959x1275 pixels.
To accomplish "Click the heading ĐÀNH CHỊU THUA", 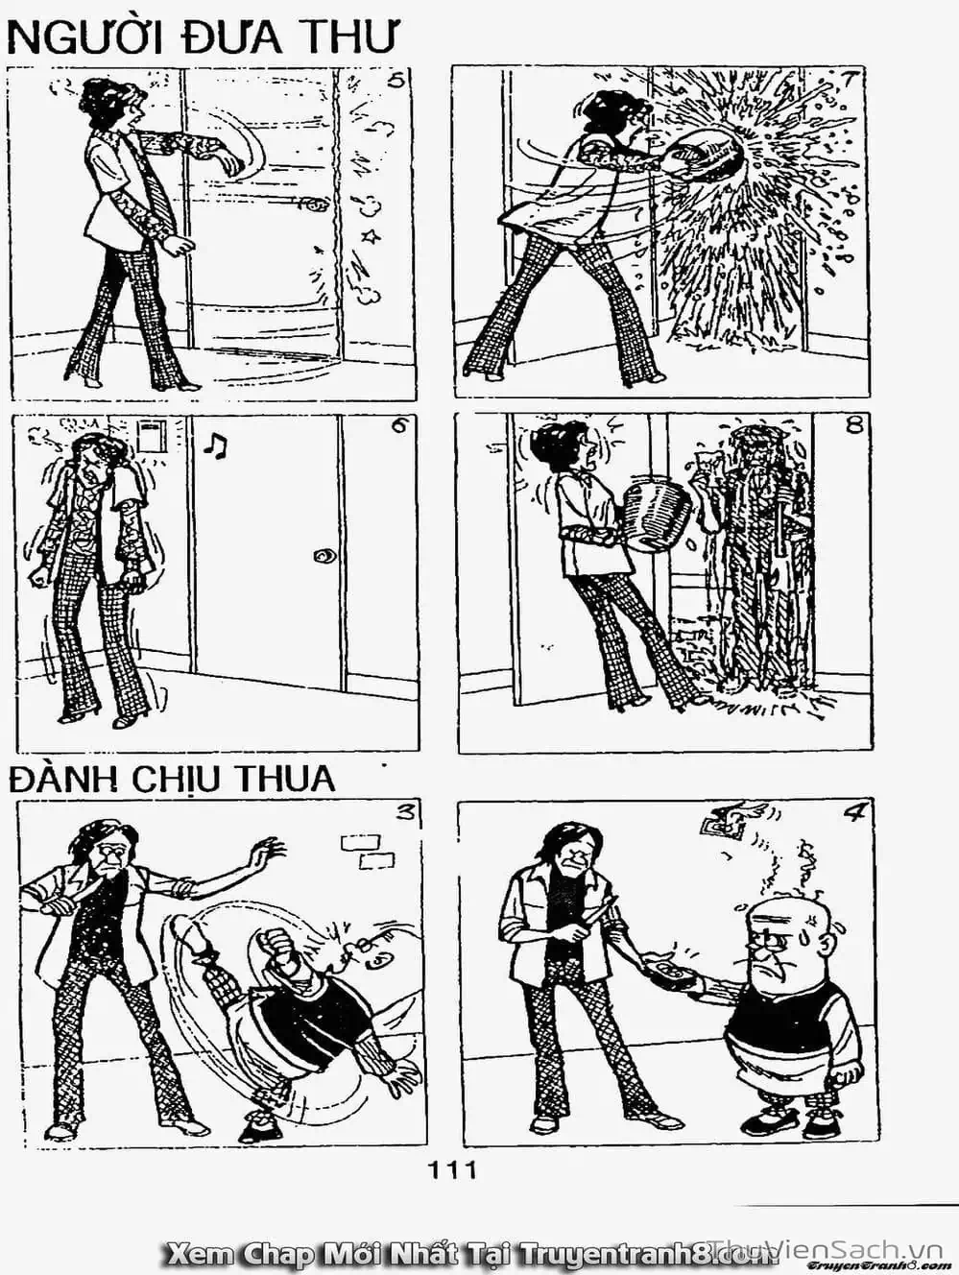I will [x=173, y=779].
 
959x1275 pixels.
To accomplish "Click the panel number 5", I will [x=395, y=81].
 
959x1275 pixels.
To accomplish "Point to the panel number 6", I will [x=398, y=427].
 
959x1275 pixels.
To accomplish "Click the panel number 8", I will [x=854, y=425].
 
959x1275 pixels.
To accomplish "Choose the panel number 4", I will [x=854, y=813].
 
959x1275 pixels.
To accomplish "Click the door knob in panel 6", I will [x=326, y=555].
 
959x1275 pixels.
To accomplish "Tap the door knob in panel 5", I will [x=312, y=204].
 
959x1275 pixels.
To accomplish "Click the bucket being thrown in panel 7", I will [x=706, y=154].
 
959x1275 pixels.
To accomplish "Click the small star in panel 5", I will [x=367, y=235].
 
